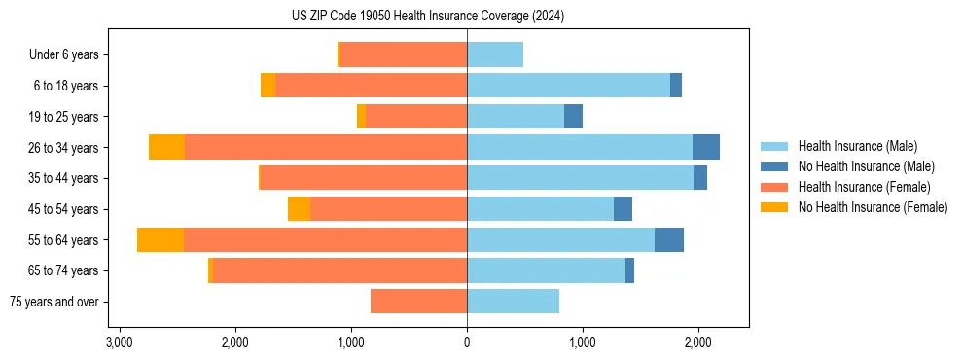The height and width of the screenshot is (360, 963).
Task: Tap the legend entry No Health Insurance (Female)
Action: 873,207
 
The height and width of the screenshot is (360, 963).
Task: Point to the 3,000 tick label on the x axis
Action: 120,342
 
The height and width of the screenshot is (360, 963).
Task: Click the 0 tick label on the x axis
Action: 467,342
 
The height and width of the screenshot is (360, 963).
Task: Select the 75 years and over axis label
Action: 53,303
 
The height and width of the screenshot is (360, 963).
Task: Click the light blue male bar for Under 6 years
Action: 495,54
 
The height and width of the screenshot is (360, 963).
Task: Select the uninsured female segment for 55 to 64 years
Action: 160,240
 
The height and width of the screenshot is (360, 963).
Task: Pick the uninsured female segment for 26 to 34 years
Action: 166,147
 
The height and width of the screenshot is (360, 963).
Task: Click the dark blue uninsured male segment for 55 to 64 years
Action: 669,240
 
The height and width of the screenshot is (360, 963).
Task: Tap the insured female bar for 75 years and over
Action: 418,302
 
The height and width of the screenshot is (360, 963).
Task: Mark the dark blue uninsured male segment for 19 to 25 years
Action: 573,117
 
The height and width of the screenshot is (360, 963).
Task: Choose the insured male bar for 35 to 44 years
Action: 580,178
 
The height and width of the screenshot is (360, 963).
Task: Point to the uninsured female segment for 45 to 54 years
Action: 299,209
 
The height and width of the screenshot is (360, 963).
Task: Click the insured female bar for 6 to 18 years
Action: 371,86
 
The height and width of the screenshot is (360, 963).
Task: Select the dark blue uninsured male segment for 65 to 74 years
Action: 629,270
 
